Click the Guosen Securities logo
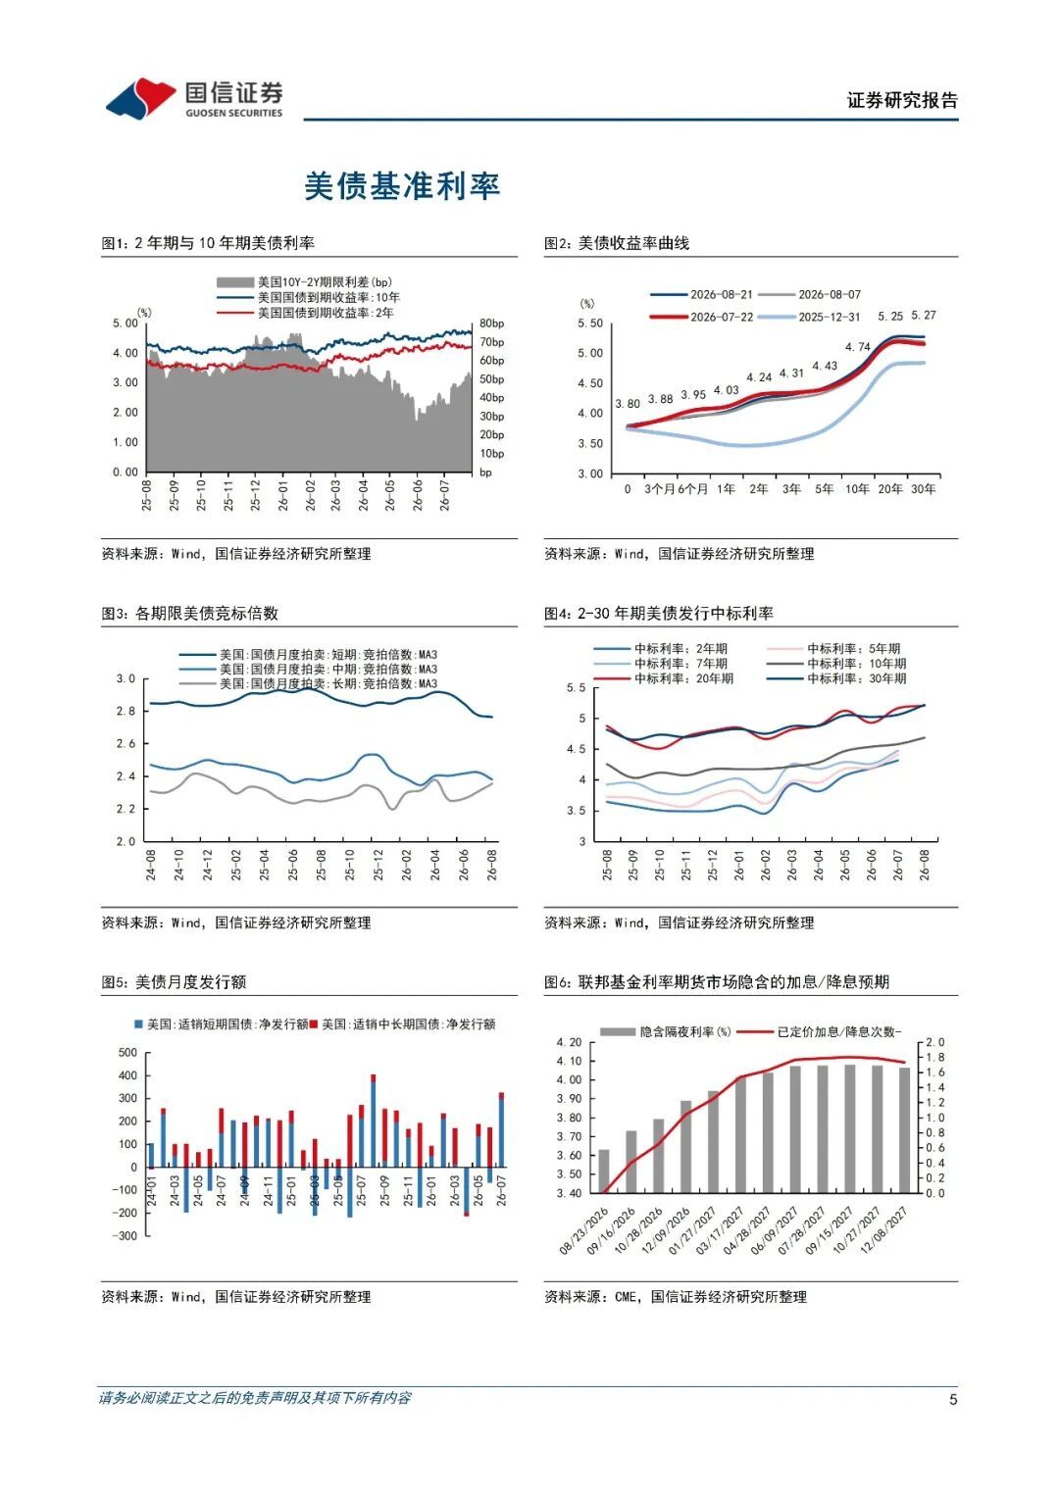tap(194, 99)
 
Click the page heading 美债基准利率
tap(402, 186)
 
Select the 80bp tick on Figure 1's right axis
tap(491, 324)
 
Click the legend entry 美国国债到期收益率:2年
tap(326, 313)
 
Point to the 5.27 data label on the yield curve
tap(924, 316)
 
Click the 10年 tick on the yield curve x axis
tap(856, 489)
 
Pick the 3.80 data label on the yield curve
tap(628, 404)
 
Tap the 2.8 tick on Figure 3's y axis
tap(126, 711)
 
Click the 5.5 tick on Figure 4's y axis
tap(576, 687)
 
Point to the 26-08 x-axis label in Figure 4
tap(925, 865)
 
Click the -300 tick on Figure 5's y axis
tap(126, 1235)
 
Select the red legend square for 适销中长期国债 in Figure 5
tap(314, 1023)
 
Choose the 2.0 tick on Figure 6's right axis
tap(933, 1042)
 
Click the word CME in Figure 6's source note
tap(626, 1296)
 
